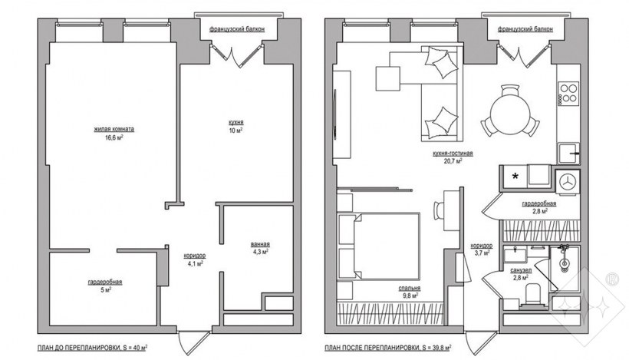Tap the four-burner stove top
coord(568,93)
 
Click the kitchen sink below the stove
coord(568,153)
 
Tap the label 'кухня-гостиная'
coord(453,154)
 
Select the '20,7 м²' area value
coord(453,161)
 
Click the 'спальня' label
coord(410,288)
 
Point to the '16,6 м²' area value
coord(114,137)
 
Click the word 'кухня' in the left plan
coord(236,122)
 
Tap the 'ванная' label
coord(260,244)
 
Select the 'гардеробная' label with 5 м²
coord(105,282)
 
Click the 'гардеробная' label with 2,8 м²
coord(538,204)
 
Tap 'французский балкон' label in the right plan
coord(525,29)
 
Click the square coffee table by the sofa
coord(388,78)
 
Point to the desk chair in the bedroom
coord(439,210)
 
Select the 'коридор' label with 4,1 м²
coord(195,256)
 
